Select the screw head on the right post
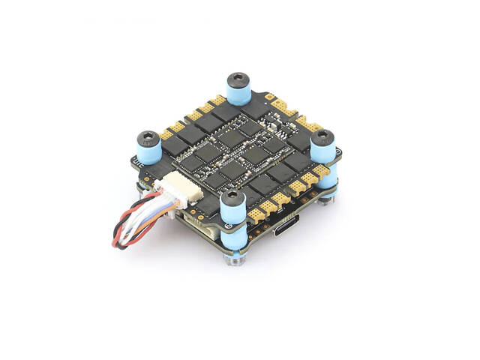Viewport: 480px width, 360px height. point(322,136)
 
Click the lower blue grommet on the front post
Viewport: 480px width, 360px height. point(234,241)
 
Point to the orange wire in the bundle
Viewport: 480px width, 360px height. point(142,226)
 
